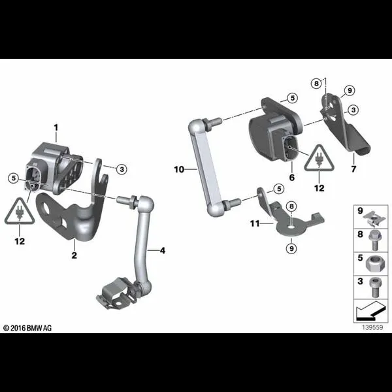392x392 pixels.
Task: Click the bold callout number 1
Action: coord(56,128)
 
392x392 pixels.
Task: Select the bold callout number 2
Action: coord(74,255)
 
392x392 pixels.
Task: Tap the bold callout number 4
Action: coord(163,250)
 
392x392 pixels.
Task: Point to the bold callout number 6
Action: coord(292,178)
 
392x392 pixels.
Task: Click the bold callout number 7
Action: coord(353,169)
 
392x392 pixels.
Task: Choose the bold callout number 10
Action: coord(179,169)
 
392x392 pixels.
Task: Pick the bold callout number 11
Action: coord(255,223)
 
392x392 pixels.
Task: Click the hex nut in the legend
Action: coord(375,264)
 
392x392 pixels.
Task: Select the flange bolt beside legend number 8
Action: coord(374,240)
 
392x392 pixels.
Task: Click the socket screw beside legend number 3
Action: coord(375,287)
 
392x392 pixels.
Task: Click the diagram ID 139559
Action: coord(372,327)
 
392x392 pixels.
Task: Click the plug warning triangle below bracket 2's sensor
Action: coord(20,212)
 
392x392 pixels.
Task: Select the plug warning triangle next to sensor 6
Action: coord(319,159)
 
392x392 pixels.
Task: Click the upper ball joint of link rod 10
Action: coord(197,127)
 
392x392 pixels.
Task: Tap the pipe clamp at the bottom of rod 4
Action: coord(114,294)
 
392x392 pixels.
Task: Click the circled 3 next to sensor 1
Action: coord(122,169)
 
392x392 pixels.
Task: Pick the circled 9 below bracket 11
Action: coord(291,248)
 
